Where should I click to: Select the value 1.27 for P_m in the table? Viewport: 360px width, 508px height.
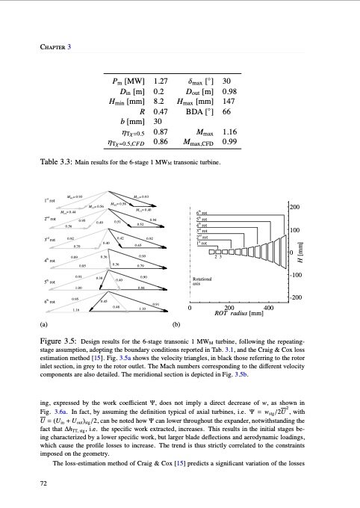pyautogui.click(x=159, y=80)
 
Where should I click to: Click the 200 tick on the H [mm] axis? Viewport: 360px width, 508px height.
pyautogui.click(x=295, y=206)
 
